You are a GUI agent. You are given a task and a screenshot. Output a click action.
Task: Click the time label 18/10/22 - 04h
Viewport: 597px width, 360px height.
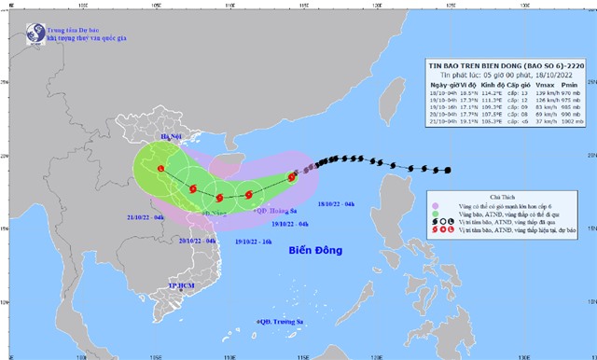[336, 203]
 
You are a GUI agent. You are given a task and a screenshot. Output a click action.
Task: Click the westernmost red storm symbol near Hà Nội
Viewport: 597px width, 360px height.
[161, 169]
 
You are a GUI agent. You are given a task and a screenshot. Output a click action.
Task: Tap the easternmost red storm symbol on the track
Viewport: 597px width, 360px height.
[292, 176]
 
